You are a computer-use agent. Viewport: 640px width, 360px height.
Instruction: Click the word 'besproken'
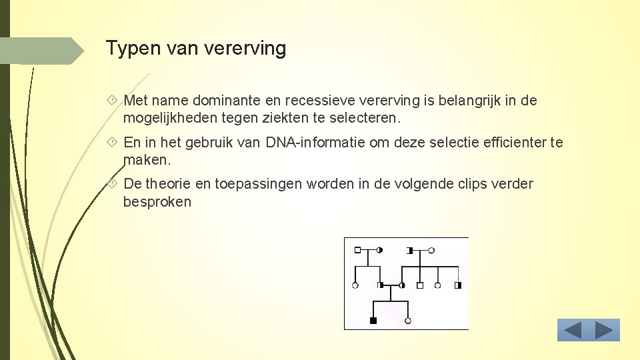pyautogui.click(x=157, y=201)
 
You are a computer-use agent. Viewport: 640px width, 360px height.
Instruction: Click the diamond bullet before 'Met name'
pyautogui.click(x=112, y=101)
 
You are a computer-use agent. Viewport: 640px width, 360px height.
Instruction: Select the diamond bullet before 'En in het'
pyautogui.click(x=112, y=142)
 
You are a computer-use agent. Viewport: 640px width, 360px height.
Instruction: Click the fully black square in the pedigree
pyautogui.click(x=373, y=321)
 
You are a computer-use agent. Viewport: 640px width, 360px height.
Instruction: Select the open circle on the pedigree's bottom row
pyautogui.click(x=407, y=321)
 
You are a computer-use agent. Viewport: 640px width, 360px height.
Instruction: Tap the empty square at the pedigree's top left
pyautogui.click(x=357, y=250)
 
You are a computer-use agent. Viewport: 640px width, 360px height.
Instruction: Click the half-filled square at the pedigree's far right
pyautogui.click(x=457, y=285)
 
